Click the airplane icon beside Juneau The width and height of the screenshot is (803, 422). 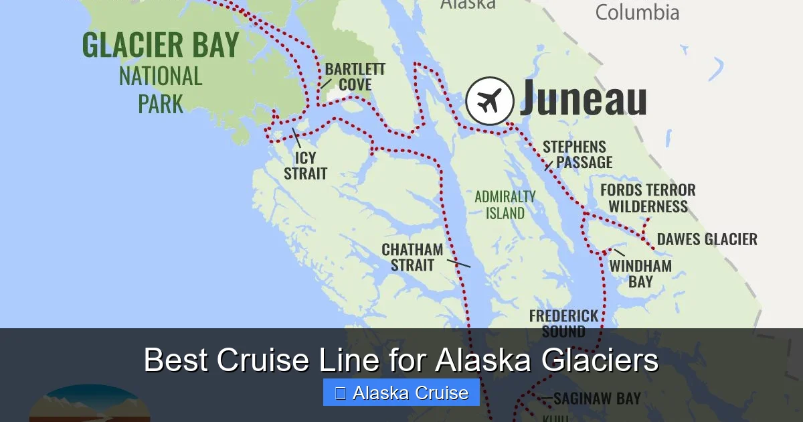(x=490, y=101)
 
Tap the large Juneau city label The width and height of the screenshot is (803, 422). (x=583, y=98)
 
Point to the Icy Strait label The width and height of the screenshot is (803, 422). (x=305, y=165)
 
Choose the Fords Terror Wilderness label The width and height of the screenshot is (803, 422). (x=648, y=198)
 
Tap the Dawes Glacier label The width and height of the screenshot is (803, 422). (x=707, y=239)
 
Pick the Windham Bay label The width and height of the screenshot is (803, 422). (x=640, y=273)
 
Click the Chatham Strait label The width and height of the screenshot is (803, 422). (x=412, y=257)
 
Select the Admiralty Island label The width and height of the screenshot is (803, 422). (x=505, y=205)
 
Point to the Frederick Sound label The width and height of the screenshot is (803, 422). (x=563, y=323)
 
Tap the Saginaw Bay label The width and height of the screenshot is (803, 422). (x=597, y=399)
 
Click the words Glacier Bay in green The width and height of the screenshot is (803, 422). (x=161, y=45)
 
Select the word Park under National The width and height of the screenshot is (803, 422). (x=161, y=104)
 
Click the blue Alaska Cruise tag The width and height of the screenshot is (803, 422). (x=401, y=393)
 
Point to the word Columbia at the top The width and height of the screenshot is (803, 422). (x=637, y=12)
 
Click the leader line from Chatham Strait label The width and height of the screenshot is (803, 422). (x=458, y=262)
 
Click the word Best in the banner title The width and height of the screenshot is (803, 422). (x=175, y=360)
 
